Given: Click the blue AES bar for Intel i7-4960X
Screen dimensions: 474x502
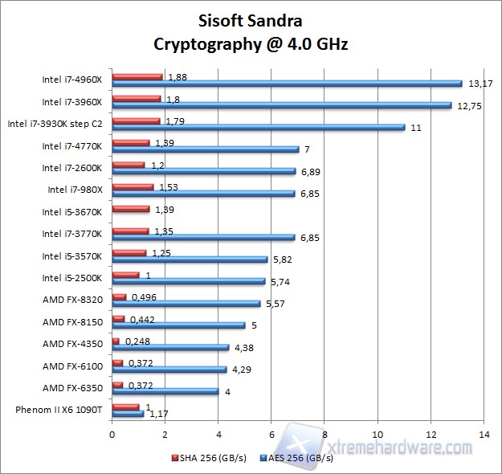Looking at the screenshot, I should click(x=287, y=84).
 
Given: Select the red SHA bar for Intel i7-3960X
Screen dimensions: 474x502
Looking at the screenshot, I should click(x=137, y=99).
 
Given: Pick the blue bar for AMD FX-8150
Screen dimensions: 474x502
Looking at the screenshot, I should click(x=178, y=325).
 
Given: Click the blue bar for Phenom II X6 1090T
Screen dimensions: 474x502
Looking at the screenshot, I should click(x=128, y=414).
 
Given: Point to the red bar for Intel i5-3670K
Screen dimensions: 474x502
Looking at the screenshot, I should click(x=131, y=209).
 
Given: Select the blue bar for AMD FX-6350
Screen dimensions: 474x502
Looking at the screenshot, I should click(x=165, y=391).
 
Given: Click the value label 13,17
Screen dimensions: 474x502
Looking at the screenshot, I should click(x=480, y=84).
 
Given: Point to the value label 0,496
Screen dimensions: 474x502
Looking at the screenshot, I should click(x=144, y=296).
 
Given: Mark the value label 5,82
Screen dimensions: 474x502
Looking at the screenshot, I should click(x=283, y=259).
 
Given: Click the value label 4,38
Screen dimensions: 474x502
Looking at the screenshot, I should click(x=244, y=348).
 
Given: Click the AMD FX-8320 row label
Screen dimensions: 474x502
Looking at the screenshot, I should click(x=72, y=300).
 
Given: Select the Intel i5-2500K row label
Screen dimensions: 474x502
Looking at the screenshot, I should click(x=71, y=278).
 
